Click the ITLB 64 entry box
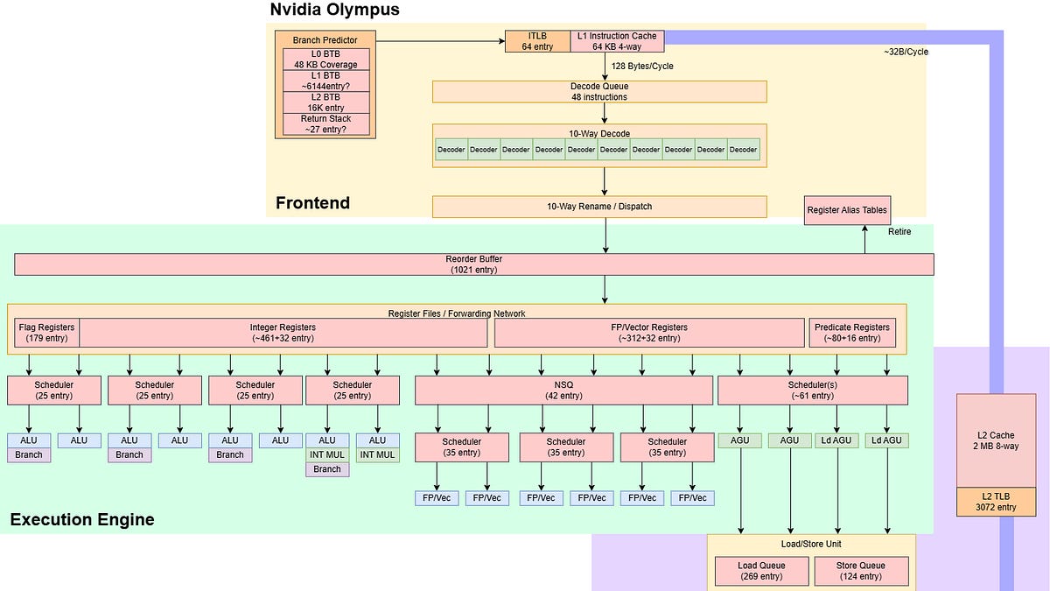(537, 41)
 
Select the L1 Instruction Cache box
(617, 41)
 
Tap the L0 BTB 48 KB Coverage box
(325, 60)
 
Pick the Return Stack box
(325, 124)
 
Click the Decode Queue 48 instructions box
(599, 91)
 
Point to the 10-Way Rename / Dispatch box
(599, 207)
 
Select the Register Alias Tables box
(847, 210)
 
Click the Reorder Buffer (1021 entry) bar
(474, 264)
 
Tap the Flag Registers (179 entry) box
(47, 333)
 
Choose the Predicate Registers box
(852, 333)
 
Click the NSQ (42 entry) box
(563, 390)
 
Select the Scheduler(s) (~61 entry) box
(812, 390)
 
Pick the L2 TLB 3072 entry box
(996, 502)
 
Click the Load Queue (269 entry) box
(762, 571)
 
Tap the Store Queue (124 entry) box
(861, 571)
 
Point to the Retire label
(899, 232)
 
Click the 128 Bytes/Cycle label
(642, 67)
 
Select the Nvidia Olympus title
(334, 10)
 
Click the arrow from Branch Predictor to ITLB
(441, 41)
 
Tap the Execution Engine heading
(82, 520)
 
